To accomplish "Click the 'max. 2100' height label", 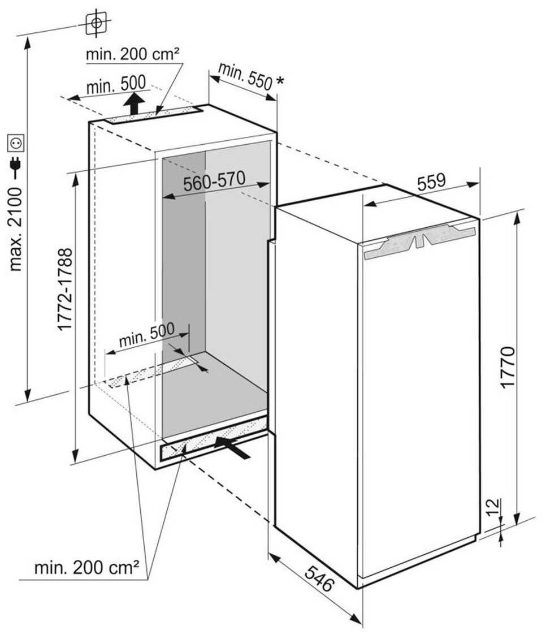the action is pos(16,229).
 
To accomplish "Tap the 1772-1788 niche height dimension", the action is pos(65,289).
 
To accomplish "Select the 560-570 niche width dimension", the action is pos(214,182).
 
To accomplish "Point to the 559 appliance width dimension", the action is pos(431,182).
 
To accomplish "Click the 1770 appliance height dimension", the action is pos(508,367).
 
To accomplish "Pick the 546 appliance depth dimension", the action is pos(319,578).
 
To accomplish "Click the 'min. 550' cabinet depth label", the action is pos(245,76).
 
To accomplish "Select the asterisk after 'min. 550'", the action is pos(280,81).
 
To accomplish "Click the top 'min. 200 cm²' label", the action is pos(132,54).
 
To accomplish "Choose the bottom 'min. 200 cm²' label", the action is pos(87,567).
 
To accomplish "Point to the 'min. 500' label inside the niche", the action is pos(147,335).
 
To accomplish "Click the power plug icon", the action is pos(16,163).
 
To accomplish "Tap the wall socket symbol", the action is pos(17,143).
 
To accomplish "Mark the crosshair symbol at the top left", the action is pos(96,23).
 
